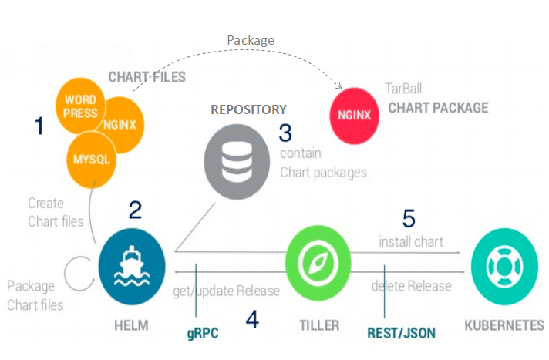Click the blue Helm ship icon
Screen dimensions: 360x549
132,266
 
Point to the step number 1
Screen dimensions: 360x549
39,126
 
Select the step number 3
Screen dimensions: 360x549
286,133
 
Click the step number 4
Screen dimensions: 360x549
252,319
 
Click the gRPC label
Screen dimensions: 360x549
203,332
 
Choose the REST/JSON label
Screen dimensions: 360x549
401,333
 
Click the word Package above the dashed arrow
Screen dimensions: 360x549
250,39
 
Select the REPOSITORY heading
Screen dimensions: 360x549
248,109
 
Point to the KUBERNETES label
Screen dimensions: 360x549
504,325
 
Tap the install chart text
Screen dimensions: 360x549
411,241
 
